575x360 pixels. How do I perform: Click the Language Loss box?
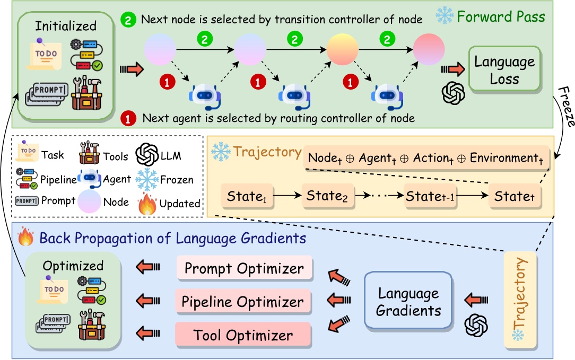(504, 69)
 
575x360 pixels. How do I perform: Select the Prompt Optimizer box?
(244, 269)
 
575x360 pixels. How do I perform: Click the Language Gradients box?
(408, 302)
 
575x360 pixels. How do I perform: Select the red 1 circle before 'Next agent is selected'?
(127, 118)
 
